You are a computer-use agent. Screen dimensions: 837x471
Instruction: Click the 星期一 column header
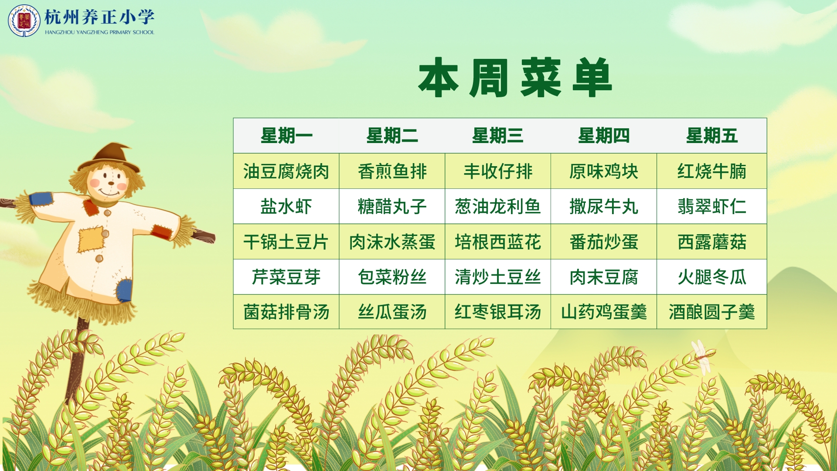click(x=286, y=136)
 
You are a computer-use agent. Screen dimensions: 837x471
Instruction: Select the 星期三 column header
click(x=498, y=136)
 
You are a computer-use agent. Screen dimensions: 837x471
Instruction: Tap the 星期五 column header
click(x=711, y=136)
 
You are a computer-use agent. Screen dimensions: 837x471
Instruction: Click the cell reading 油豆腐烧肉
click(x=286, y=171)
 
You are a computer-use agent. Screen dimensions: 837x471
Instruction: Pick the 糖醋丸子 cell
click(x=392, y=206)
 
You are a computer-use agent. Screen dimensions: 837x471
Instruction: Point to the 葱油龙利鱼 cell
click(x=498, y=206)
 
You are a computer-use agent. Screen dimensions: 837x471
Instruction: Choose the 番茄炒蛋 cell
click(x=604, y=242)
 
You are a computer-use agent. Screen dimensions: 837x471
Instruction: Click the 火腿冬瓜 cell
click(x=711, y=277)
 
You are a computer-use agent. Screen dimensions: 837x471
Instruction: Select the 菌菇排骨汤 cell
click(x=286, y=312)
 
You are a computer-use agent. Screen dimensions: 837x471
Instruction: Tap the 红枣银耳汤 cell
click(x=498, y=312)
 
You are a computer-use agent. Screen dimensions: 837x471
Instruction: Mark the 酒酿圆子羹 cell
click(x=711, y=312)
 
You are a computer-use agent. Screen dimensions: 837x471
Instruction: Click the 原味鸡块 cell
click(x=604, y=171)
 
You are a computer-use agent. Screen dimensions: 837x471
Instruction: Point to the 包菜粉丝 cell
click(x=392, y=277)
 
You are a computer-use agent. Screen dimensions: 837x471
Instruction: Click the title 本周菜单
click(x=515, y=78)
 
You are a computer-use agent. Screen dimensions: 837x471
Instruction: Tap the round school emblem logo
click(x=24, y=20)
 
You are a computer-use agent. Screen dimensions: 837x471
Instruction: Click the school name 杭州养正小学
click(x=99, y=17)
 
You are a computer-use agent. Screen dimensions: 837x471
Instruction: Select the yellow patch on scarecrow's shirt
click(x=92, y=239)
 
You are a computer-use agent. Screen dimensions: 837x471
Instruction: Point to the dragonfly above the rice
click(x=702, y=357)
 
